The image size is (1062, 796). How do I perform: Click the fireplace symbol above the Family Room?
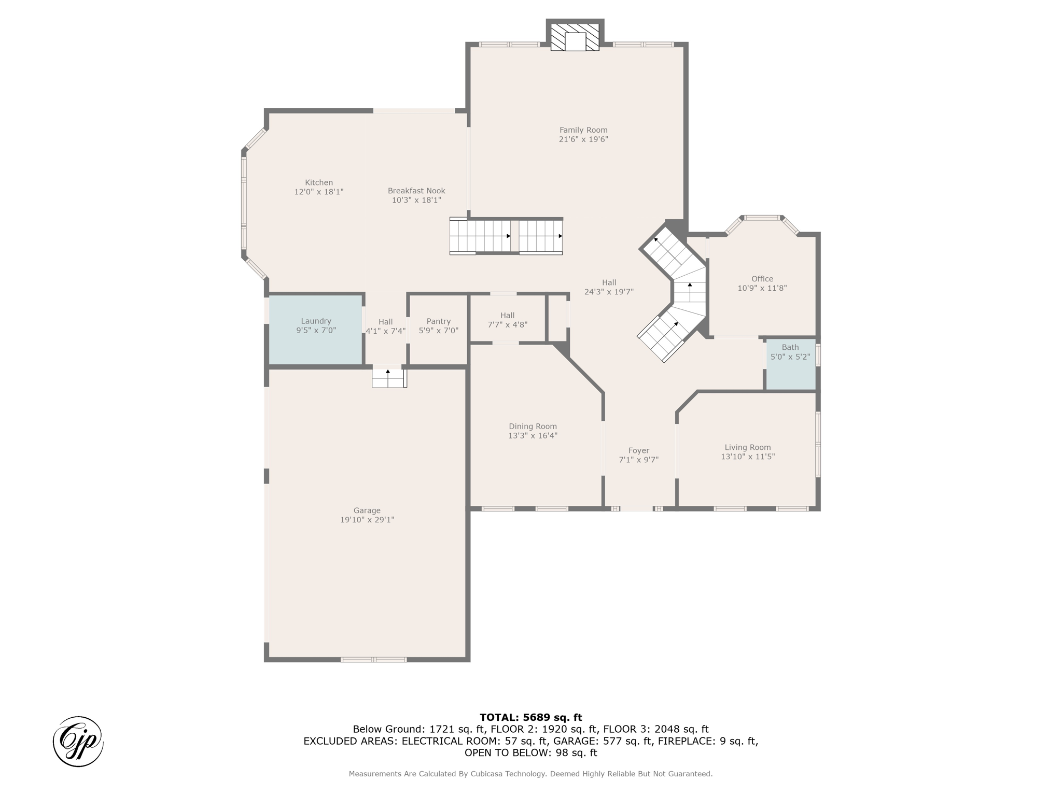tap(575, 37)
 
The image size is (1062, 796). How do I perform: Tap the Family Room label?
tap(583, 130)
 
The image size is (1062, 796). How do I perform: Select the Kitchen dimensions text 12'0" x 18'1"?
tap(319, 192)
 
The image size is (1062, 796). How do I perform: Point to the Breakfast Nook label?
tap(416, 191)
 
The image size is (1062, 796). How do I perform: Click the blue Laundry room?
tap(315, 330)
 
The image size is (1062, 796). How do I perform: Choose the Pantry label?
tap(439, 321)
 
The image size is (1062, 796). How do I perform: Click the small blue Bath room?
tap(790, 364)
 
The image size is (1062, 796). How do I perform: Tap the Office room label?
tap(762, 279)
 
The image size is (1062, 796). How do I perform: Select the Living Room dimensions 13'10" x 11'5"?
tap(748, 457)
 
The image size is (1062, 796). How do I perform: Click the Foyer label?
tap(639, 451)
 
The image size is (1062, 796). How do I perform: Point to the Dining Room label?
tap(533, 427)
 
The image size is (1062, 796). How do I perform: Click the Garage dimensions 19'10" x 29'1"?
tap(367, 520)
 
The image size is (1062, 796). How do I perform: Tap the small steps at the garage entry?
tap(389, 378)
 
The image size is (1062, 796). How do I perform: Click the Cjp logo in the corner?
tap(78, 742)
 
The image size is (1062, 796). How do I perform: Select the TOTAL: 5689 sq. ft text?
tap(531, 717)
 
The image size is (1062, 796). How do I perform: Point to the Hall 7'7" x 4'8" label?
tap(508, 320)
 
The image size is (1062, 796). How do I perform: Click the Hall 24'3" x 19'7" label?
tap(609, 287)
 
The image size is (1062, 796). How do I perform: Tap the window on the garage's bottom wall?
tap(373, 660)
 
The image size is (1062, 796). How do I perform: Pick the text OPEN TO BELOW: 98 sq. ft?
tap(531, 753)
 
